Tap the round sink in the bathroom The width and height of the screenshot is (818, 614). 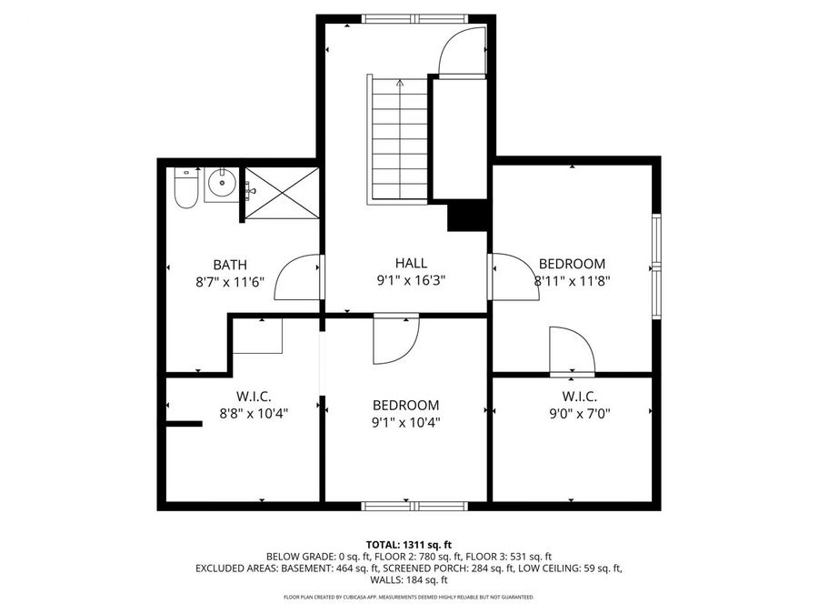pyautogui.click(x=221, y=186)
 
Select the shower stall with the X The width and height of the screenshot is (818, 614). pyautogui.click(x=283, y=193)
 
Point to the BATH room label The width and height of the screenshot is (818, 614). pyautogui.click(x=230, y=264)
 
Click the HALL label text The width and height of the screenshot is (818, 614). pyautogui.click(x=411, y=263)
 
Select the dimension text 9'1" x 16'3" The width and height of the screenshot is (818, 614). pyautogui.click(x=411, y=280)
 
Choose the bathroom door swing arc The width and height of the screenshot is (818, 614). pyautogui.click(x=298, y=277)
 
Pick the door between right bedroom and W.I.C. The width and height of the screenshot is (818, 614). pyautogui.click(x=572, y=351)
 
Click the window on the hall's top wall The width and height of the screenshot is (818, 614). pyautogui.click(x=414, y=18)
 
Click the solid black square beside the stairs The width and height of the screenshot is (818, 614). pyautogui.click(x=468, y=217)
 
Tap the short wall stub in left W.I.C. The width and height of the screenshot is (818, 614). pyautogui.click(x=183, y=423)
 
